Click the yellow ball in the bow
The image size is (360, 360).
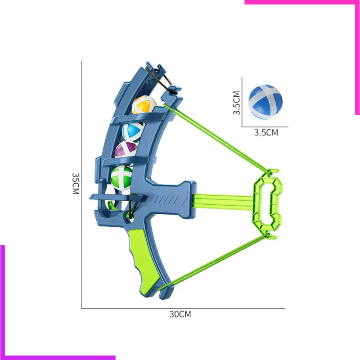[144, 105]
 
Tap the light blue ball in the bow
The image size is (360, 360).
[133, 132]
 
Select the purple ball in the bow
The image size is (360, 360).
[126, 149]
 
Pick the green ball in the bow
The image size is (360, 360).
[121, 178]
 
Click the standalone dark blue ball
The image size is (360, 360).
[265, 102]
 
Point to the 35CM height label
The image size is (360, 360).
[76, 184]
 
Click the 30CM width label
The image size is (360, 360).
[180, 314]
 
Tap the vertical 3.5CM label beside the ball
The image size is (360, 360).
[237, 103]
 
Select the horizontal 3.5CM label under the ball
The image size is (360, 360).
[266, 132]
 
